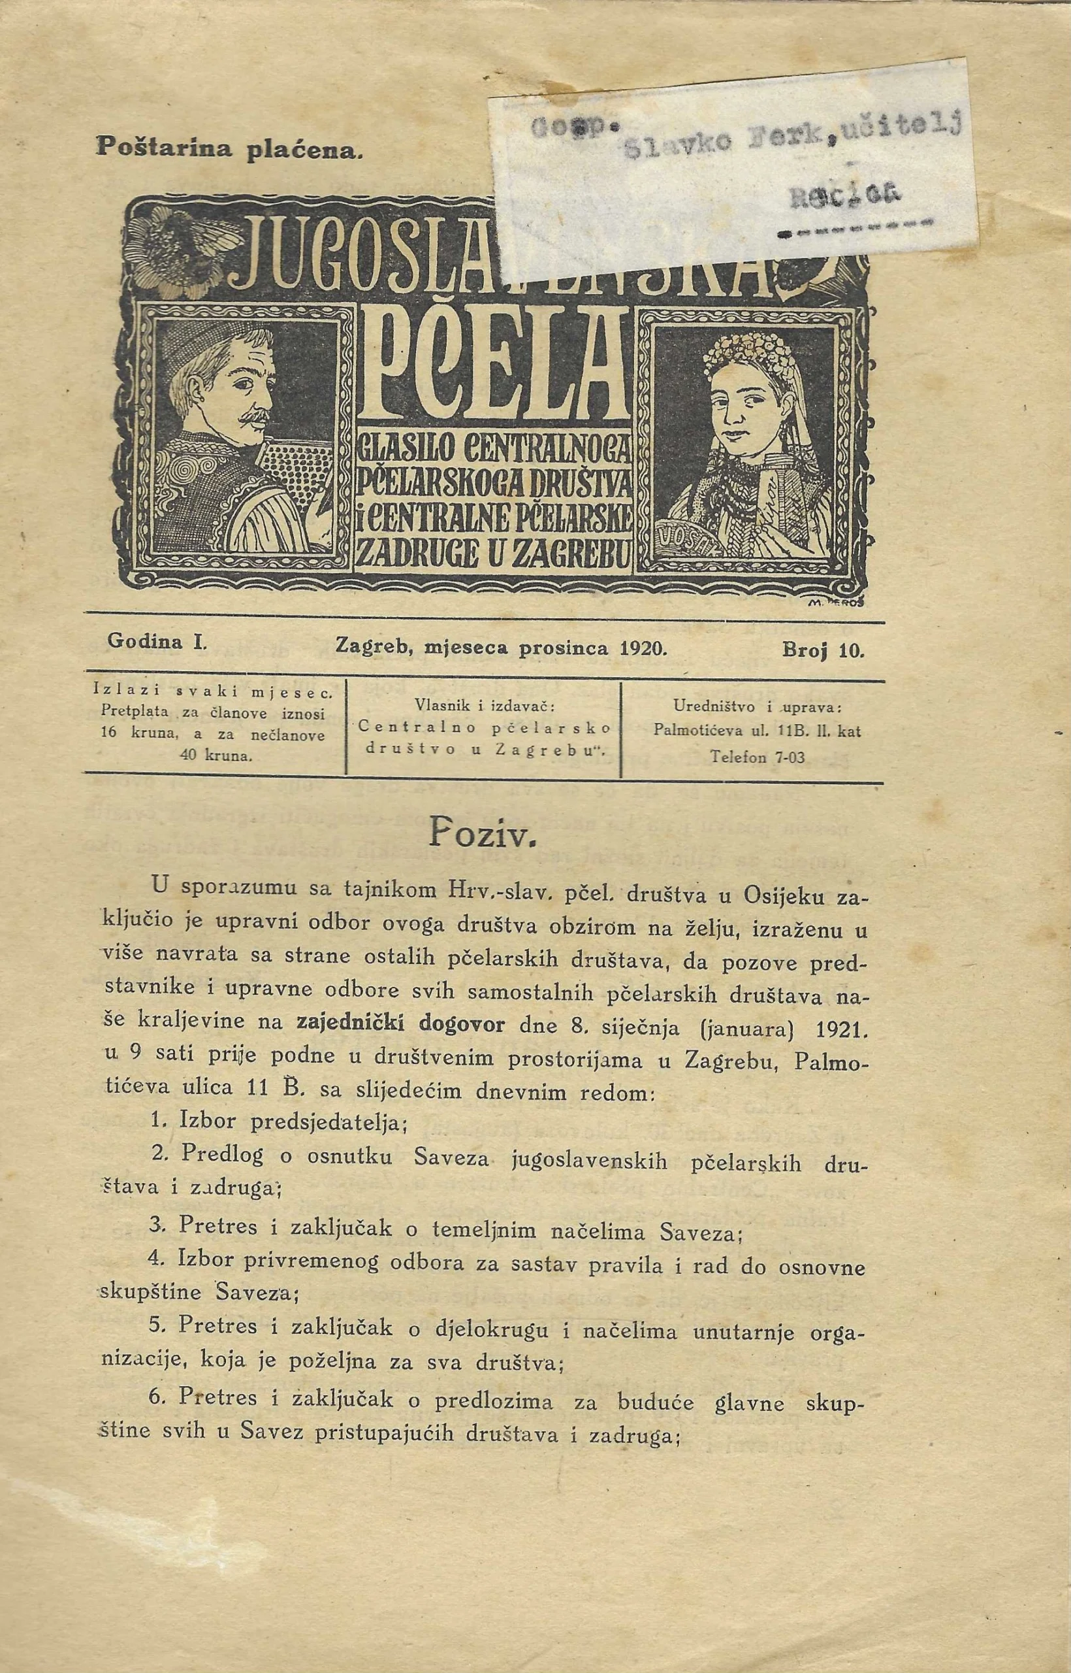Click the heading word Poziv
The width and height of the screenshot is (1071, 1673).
point(481,835)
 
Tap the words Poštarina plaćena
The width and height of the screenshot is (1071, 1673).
point(229,148)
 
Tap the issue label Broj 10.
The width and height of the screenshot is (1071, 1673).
point(823,652)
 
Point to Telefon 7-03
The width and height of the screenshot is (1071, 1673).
point(758,757)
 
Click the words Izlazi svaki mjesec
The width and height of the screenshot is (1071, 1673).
point(214,693)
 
